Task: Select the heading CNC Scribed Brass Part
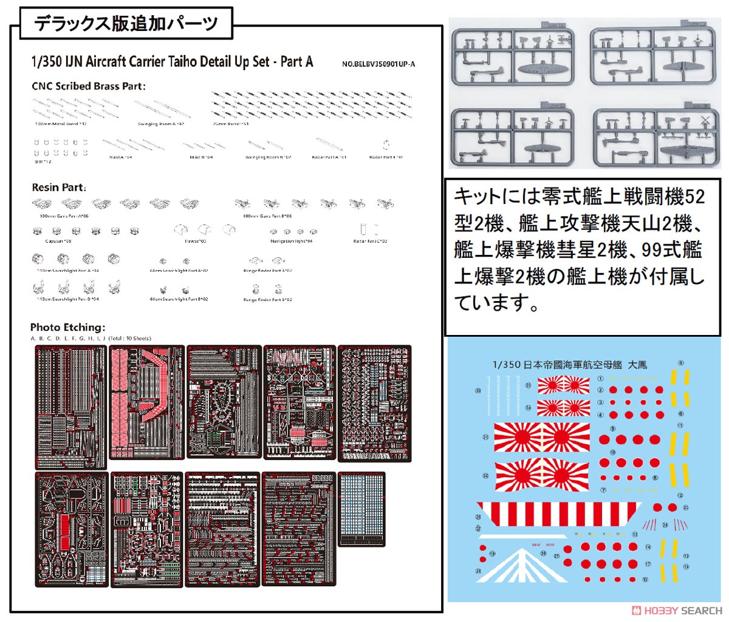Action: [x=89, y=86]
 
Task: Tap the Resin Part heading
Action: [x=59, y=188]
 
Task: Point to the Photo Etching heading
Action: [x=67, y=327]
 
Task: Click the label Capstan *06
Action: [x=58, y=242]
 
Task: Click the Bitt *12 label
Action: [x=43, y=162]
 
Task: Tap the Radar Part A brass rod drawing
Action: [x=329, y=145]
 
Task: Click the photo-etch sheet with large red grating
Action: [x=146, y=402]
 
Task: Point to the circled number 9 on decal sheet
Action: [x=680, y=363]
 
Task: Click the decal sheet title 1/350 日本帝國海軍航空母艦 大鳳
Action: [x=569, y=365]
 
